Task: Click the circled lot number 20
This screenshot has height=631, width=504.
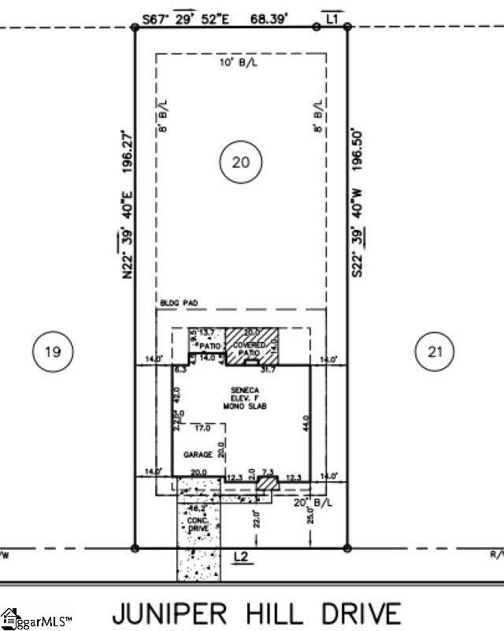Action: (x=240, y=162)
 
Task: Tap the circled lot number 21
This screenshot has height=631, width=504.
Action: (x=435, y=351)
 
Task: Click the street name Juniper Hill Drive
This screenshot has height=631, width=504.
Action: (x=256, y=611)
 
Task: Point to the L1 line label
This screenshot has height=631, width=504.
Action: (x=331, y=16)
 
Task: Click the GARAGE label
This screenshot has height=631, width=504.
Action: (x=198, y=455)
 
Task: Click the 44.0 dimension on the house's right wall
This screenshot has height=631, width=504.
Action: (x=304, y=429)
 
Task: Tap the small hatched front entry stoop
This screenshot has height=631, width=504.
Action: (x=269, y=481)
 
